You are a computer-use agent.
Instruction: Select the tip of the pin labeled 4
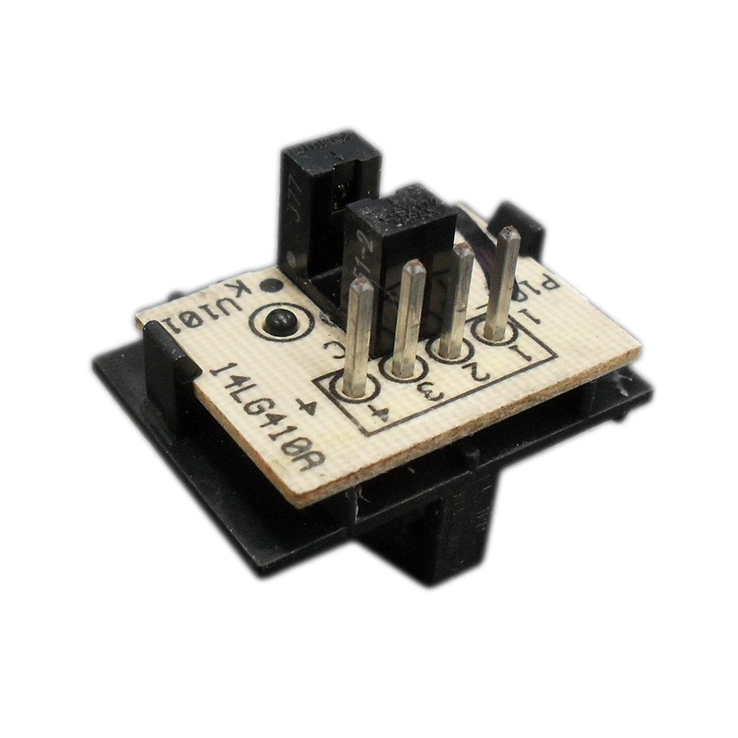pyautogui.click(x=360, y=286)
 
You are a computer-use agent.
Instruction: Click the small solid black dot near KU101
pyautogui.click(x=270, y=285)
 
